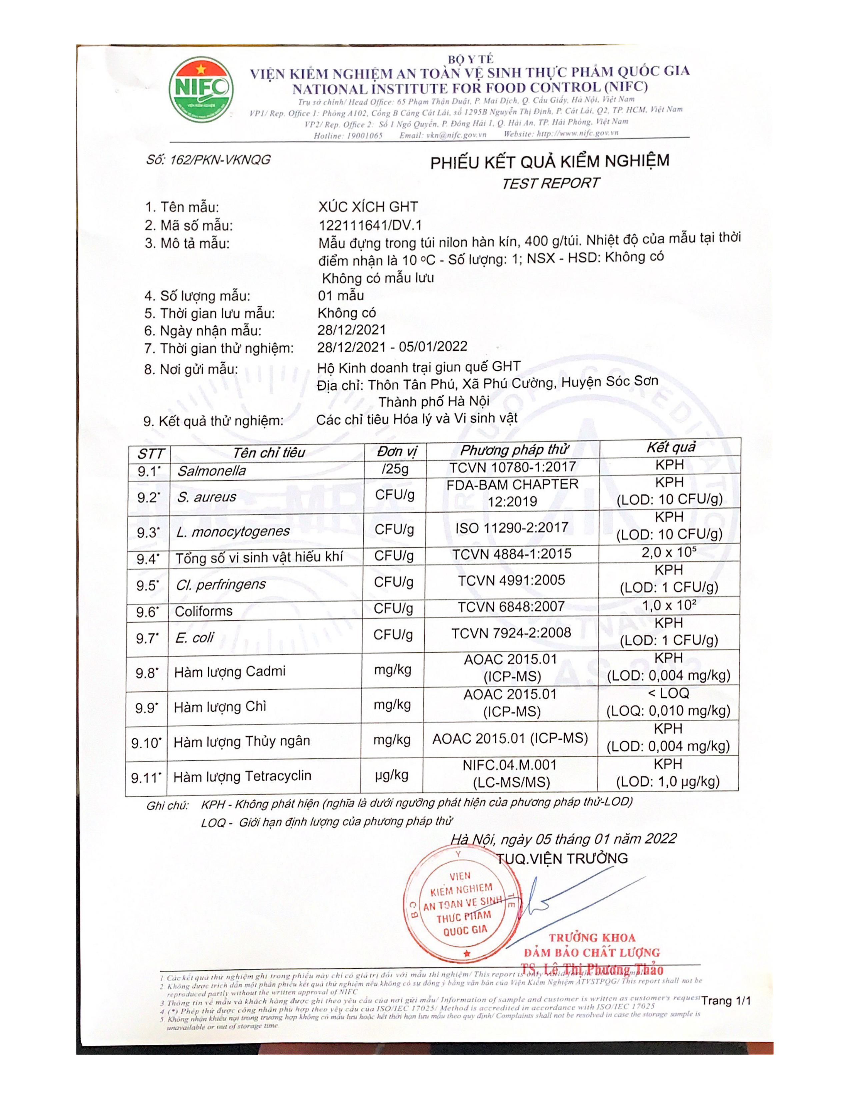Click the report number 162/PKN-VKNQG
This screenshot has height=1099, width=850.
[208, 160]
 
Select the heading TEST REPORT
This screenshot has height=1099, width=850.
[550, 183]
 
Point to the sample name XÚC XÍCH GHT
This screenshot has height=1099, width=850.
[368, 207]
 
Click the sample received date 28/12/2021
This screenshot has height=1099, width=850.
[351, 330]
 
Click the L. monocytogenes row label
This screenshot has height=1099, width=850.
[233, 532]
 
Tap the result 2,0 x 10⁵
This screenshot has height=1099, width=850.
[669, 552]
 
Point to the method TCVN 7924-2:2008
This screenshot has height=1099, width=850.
[511, 633]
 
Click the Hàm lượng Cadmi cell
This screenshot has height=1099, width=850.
[230, 671]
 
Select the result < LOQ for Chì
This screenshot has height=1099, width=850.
[668, 693]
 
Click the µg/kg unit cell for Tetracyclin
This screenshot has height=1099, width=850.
[392, 775]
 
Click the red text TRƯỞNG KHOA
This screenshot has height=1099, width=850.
[592, 937]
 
